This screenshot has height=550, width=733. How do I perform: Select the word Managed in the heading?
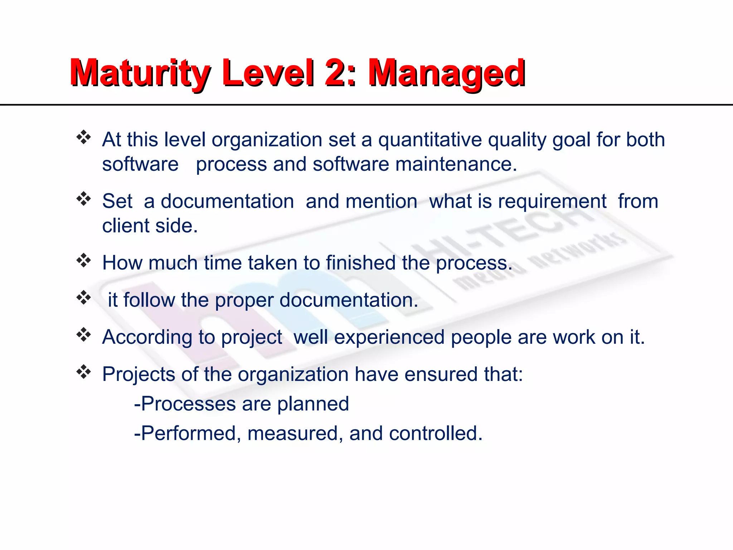(447, 73)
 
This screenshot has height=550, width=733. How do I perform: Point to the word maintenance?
(456, 164)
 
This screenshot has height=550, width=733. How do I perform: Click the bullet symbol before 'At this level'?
(84, 137)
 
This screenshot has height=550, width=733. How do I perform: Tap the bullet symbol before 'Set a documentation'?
(84, 199)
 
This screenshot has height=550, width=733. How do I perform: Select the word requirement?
(552, 202)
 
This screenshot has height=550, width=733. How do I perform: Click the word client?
(125, 226)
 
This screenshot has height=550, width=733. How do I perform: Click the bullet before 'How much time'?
(84, 261)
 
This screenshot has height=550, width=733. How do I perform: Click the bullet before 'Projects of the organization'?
(84, 372)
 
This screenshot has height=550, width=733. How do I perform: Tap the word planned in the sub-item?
(313, 404)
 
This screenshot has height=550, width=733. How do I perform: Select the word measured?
(292, 434)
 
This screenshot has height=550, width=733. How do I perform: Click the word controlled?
(435, 434)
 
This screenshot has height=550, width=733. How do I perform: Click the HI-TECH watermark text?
(501, 229)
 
